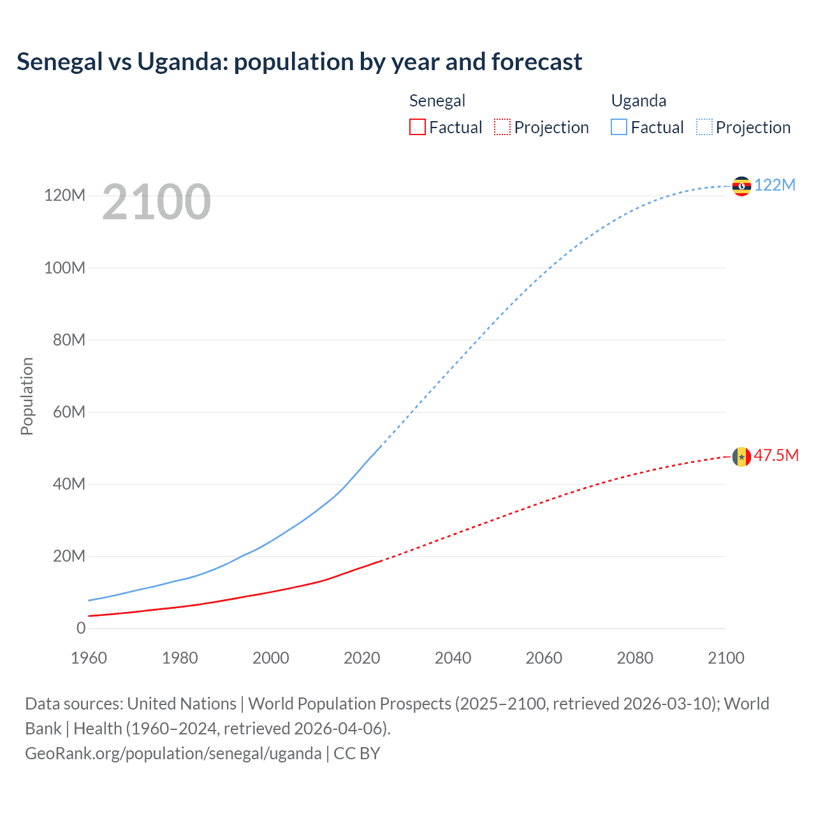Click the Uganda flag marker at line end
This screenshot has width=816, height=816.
coord(741,186)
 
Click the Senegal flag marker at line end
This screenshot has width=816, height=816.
coord(741,456)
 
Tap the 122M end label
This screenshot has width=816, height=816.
coord(775,185)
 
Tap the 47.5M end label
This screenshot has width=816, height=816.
coord(776,455)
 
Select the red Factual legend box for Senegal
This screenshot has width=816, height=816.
coord(417,127)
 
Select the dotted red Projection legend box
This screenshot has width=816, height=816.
coord(502,127)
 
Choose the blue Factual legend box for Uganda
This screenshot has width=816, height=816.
coord(619,127)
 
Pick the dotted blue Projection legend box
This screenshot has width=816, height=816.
coord(704,127)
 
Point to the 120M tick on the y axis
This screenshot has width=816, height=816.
coord(64,196)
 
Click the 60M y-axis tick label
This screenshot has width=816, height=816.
coord(68,412)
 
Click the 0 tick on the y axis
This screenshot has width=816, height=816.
coord(81,628)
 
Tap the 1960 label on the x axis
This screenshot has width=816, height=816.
coord(89,658)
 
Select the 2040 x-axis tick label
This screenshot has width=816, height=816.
coord(453,658)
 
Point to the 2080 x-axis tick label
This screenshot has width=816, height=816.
coord(635,658)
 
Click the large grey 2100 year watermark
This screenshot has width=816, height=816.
coord(156,201)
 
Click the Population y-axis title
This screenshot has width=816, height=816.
coord(27,396)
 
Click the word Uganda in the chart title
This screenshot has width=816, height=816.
coord(182,62)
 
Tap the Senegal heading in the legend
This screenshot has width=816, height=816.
coord(437,101)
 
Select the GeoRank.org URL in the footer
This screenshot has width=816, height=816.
coord(173,753)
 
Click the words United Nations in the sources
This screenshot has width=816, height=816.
coord(182,703)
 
